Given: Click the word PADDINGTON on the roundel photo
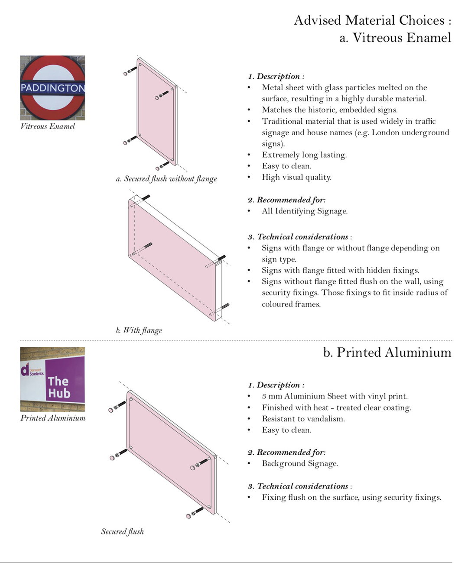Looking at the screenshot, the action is [x=53, y=88].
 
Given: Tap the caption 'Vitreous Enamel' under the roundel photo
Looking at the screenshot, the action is [x=48, y=126].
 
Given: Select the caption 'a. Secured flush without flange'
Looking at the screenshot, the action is [x=166, y=179].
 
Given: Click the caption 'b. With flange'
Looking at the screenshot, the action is [x=139, y=330].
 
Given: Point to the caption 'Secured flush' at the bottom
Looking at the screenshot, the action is [x=123, y=531].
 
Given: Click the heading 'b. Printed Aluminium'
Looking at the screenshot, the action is [x=387, y=353].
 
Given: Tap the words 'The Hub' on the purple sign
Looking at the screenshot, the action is [x=59, y=387].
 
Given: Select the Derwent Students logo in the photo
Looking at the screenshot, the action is [x=32, y=370].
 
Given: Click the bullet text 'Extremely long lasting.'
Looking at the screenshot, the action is [x=304, y=155].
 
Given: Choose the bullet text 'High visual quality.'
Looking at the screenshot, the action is [x=297, y=178].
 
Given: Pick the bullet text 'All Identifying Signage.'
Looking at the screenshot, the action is [x=305, y=211].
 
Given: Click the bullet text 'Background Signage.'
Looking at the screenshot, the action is [x=300, y=463].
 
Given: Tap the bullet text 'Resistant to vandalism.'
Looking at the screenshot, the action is [x=303, y=419].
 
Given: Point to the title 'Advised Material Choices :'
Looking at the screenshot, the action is [x=373, y=20].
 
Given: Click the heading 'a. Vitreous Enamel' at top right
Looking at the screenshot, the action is [x=395, y=38].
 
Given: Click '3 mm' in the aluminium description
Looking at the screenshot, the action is [x=272, y=396].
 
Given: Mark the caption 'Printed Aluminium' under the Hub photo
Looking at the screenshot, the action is [x=53, y=418].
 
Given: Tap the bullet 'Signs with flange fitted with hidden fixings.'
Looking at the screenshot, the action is [x=341, y=270].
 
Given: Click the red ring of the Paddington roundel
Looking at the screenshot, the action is [x=52, y=61].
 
